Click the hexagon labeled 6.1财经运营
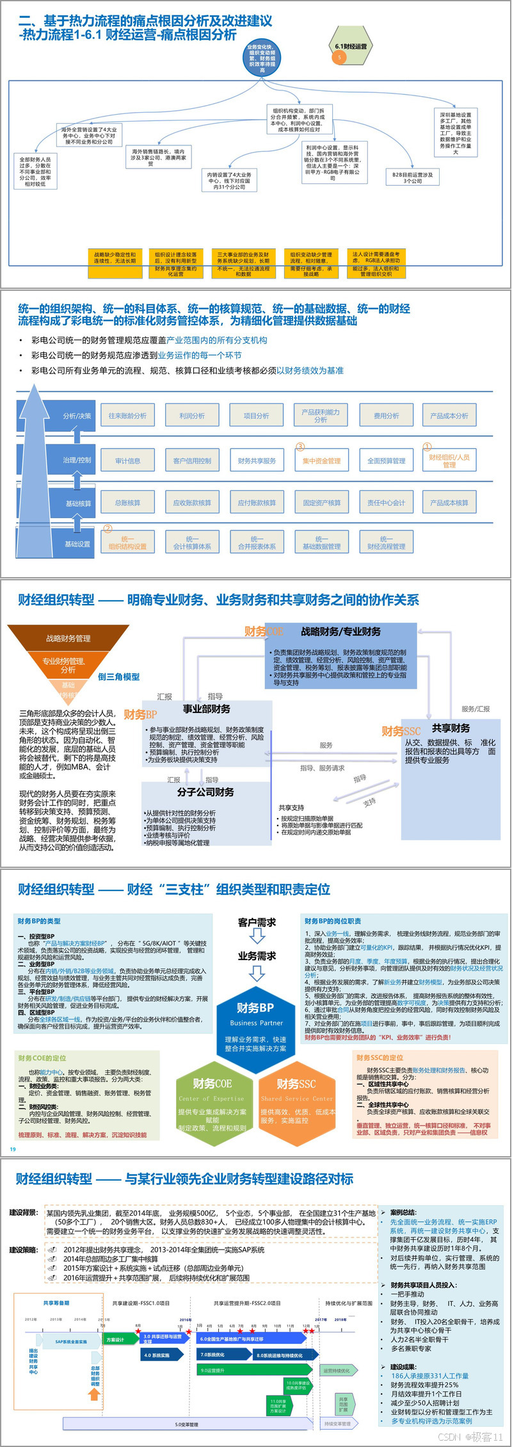pyautogui.click(x=351, y=47)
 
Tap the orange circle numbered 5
pyautogui.click(x=339, y=58)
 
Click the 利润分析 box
pyautogui.click(x=192, y=416)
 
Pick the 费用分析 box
pyautogui.click(x=386, y=416)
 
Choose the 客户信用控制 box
pyautogui.click(x=192, y=461)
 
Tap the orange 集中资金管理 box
pyautogui.click(x=321, y=461)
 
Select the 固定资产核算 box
pyautogui.click(x=321, y=503)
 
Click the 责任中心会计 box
pyautogui.click(x=386, y=503)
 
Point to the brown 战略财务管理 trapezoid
pyautogui.click(x=68, y=638)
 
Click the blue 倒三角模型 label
pyautogui.click(x=118, y=676)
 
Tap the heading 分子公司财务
pyautogui.click(x=205, y=792)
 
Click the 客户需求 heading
pyautogui.click(x=257, y=922)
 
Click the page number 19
pyautogui.click(x=12, y=1149)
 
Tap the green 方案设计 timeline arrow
pyautogui.click(x=118, y=1339)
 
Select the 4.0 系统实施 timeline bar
pyautogui.click(x=160, y=1355)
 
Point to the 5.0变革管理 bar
pyautogui.click(x=187, y=1424)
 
